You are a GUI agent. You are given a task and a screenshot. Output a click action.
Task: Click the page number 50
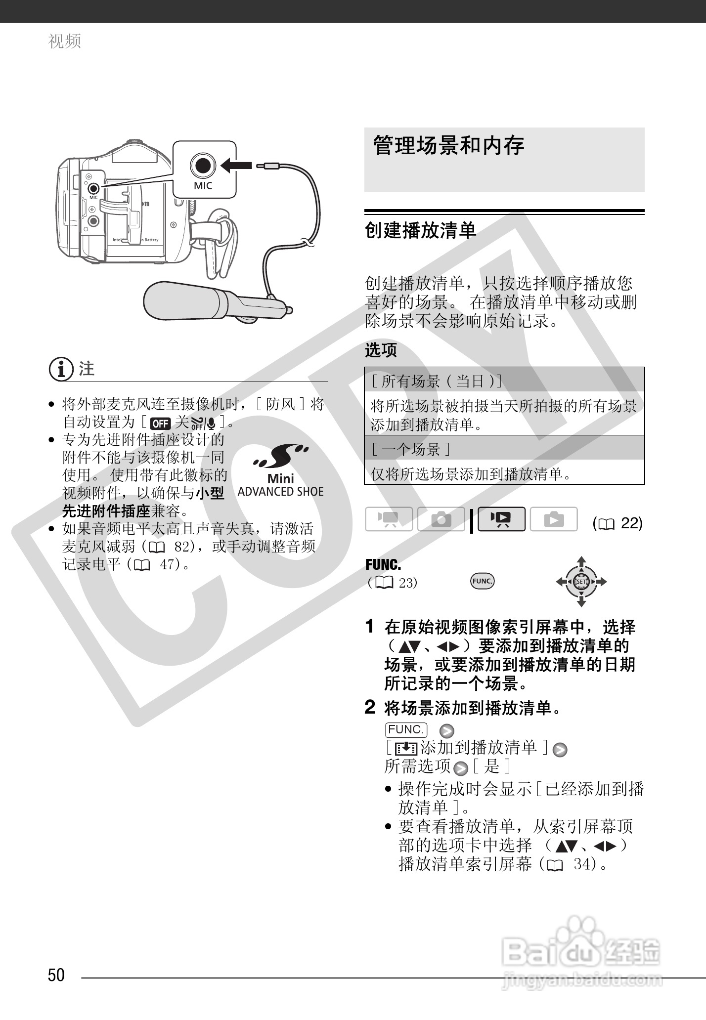pyautogui.click(x=56, y=975)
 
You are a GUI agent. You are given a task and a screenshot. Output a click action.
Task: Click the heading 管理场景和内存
pyautogui.click(x=448, y=146)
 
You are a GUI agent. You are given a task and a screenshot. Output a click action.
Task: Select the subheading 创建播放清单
pyautogui.click(x=420, y=230)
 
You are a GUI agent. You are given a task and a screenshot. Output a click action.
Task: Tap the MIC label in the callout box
pyautogui.click(x=203, y=186)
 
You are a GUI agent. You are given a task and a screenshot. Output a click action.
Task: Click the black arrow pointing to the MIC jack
pyautogui.click(x=236, y=165)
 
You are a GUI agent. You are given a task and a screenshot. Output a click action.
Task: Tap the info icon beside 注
pyautogui.click(x=61, y=370)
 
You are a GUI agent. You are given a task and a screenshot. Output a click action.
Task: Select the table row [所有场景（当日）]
pyautogui.click(x=504, y=381)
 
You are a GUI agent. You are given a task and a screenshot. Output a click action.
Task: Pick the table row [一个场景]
pyautogui.click(x=504, y=449)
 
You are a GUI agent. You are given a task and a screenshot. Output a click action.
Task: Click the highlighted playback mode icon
pyautogui.click(x=501, y=519)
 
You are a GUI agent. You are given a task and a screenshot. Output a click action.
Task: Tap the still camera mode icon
pyautogui.click(x=441, y=519)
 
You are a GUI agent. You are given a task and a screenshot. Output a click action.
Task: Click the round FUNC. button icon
pyautogui.click(x=482, y=581)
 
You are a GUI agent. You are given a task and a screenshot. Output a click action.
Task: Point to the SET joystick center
pyautogui.click(x=581, y=582)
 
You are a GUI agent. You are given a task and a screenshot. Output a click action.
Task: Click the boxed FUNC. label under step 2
pyautogui.click(x=405, y=729)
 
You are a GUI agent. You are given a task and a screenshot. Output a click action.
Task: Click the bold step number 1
pyautogui.click(x=369, y=627)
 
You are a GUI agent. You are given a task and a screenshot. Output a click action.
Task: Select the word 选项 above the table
pyautogui.click(x=381, y=350)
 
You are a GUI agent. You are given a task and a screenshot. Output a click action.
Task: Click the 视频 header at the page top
pyautogui.click(x=65, y=41)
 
